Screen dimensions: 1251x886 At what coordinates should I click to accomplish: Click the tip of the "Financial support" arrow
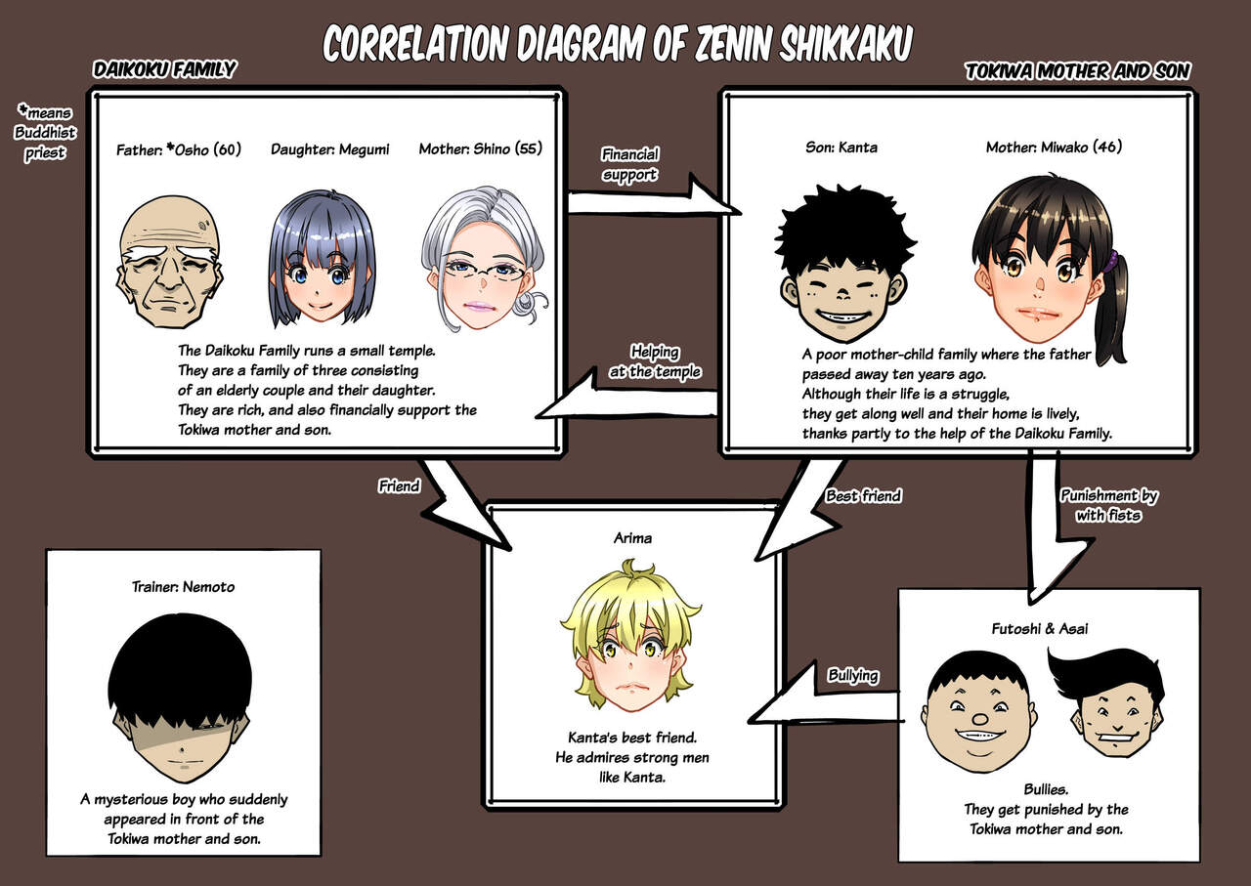pos(741,213)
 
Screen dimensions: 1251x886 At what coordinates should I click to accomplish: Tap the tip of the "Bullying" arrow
pos(750,720)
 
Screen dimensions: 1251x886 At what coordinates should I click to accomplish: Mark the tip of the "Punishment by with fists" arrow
pos(1031,603)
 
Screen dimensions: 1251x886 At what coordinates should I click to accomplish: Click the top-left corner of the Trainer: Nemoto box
pos(46,550)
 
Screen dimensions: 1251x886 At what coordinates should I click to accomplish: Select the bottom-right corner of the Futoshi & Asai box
pos(1199,862)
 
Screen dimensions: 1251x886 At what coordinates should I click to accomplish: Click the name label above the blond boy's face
pos(632,538)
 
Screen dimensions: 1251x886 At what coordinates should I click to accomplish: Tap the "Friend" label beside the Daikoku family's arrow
pos(399,486)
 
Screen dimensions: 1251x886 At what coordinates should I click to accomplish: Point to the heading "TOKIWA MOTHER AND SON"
pos(1078,71)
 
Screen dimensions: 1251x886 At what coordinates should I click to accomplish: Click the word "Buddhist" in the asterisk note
pos(45,133)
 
